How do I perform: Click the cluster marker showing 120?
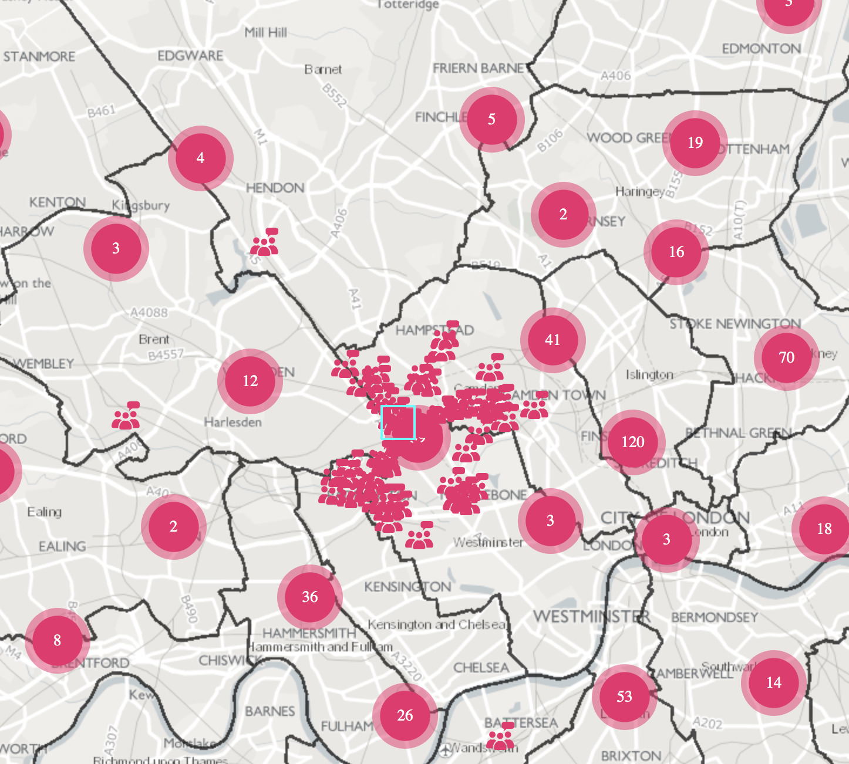633,442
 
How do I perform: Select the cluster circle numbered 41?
552,340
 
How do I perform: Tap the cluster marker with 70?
786,357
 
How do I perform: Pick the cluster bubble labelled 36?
309,597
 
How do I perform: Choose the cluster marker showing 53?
624,697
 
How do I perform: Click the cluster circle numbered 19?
695,143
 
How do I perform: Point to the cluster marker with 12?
250,381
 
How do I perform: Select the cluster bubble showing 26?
405,715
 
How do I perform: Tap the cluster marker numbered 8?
57,640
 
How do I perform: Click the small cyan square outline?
398,422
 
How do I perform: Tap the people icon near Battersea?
501,736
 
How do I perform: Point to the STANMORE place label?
39,57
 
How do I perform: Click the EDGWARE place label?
190,56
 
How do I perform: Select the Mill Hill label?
266,32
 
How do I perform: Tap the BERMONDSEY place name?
715,617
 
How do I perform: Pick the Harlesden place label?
233,422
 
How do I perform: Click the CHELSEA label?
481,668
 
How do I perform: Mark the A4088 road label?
149,313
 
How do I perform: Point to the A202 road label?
707,723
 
